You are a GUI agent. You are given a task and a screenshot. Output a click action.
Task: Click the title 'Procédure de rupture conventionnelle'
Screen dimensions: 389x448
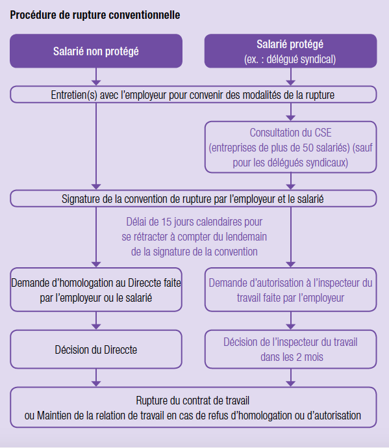coord(95,15)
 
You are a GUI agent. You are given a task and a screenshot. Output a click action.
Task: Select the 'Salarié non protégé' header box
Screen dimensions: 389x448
coord(96,51)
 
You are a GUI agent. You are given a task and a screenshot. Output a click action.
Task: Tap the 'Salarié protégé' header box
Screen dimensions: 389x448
coord(290,51)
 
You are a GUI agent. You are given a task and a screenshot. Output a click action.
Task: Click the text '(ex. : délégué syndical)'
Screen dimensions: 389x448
coord(290,59)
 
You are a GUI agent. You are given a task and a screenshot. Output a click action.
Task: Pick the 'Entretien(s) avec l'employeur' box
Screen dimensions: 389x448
coord(194,94)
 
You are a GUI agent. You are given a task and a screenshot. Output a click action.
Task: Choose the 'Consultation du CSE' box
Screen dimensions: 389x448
coord(290,147)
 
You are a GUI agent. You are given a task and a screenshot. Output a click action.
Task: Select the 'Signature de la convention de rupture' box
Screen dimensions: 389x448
coord(194,198)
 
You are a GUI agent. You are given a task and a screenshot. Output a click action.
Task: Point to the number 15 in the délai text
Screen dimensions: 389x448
coord(168,222)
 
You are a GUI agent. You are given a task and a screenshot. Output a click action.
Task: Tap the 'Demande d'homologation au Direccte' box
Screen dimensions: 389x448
coord(96,290)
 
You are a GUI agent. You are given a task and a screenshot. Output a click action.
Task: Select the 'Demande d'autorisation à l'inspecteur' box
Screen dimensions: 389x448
coord(290,290)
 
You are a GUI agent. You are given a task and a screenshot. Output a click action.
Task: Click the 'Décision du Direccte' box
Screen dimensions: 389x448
coord(96,349)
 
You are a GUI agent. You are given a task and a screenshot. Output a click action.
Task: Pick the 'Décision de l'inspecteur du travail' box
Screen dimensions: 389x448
coord(290,349)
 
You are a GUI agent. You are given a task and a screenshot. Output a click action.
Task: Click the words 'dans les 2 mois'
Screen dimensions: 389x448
coord(292,357)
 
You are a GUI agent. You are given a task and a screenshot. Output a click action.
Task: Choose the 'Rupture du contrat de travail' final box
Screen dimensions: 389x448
coord(194,408)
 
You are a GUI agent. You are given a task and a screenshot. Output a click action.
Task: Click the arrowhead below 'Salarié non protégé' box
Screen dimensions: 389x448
coord(96,83)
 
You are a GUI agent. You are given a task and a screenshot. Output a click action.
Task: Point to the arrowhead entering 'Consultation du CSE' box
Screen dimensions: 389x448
coord(290,118)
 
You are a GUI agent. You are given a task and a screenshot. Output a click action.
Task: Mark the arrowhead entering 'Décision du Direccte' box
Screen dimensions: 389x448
coord(96,326)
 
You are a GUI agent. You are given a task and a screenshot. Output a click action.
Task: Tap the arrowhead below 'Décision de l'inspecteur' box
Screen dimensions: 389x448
coord(290,384)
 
